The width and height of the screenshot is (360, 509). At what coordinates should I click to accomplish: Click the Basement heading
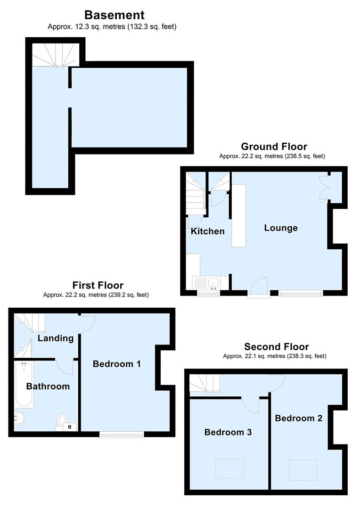[114, 15]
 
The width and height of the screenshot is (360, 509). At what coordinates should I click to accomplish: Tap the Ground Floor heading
[274, 147]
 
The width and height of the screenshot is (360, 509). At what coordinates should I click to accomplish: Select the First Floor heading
[98, 285]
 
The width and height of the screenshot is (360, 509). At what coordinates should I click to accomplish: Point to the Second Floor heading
[276, 347]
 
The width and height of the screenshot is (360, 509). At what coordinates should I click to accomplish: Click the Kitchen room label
[207, 231]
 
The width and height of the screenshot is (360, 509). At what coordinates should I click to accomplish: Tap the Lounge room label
[281, 228]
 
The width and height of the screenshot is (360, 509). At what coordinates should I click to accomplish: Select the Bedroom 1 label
[116, 364]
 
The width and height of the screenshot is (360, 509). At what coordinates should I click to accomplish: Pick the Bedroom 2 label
[298, 418]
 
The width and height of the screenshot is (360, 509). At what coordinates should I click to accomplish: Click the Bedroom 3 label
[228, 432]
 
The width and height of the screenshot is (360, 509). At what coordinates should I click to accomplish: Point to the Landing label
[56, 338]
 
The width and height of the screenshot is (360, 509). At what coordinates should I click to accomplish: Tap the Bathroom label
[48, 386]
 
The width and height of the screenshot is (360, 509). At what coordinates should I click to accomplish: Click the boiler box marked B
[70, 427]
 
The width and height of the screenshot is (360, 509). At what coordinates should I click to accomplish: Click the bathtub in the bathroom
[24, 385]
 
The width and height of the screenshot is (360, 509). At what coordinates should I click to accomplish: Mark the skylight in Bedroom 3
[229, 468]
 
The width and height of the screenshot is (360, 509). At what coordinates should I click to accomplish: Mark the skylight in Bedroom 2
[303, 468]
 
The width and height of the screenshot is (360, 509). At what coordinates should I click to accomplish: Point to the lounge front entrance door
[259, 288]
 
